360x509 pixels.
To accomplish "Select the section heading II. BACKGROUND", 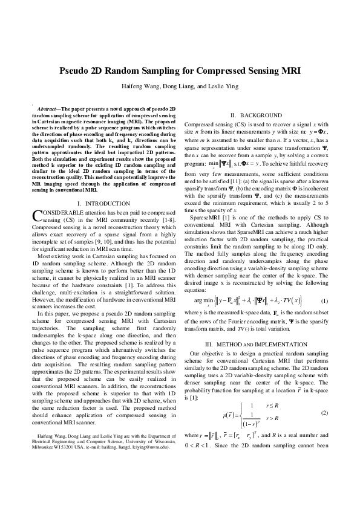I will point(257,115).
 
